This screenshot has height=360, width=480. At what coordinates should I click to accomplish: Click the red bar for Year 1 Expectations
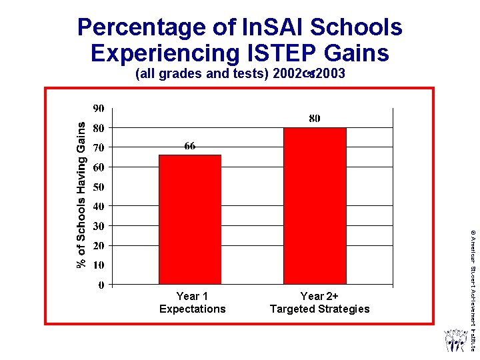(x=190, y=219)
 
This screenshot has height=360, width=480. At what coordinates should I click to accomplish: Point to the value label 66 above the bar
(x=190, y=147)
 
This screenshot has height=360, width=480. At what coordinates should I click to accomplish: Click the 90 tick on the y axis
(x=98, y=109)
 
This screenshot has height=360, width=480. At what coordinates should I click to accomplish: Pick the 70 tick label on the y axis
(x=98, y=147)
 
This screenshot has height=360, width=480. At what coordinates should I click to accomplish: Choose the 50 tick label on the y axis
(x=98, y=187)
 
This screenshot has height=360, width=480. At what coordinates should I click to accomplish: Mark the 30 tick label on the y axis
(x=98, y=226)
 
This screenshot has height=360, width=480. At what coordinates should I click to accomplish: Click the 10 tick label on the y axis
(x=98, y=265)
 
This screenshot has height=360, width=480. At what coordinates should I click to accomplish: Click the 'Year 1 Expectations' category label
(x=192, y=303)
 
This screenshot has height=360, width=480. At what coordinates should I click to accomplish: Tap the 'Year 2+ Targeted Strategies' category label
(x=319, y=303)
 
